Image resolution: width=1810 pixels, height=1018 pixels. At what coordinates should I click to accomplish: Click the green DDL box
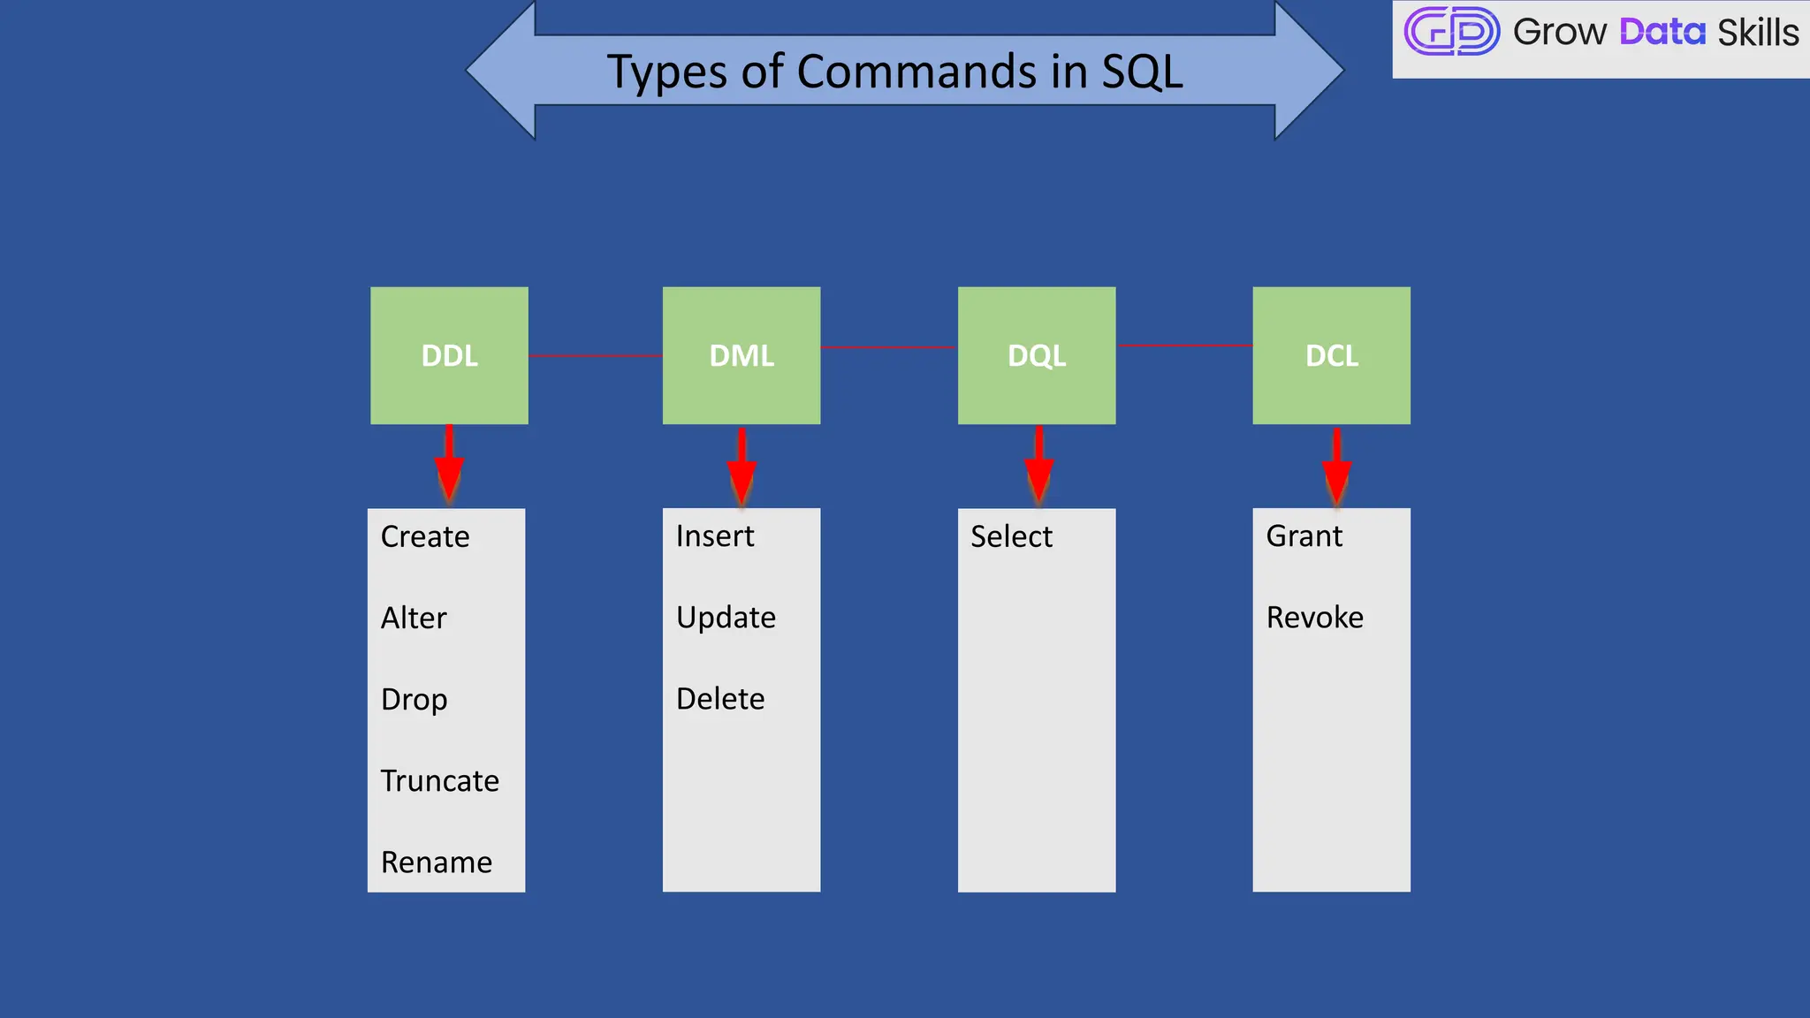click(449, 355)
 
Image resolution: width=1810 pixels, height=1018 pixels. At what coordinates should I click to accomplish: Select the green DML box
click(741, 355)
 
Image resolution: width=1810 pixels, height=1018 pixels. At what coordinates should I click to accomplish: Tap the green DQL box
click(1037, 355)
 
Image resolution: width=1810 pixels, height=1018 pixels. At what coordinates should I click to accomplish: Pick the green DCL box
click(1331, 355)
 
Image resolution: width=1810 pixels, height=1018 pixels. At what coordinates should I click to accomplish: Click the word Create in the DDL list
click(425, 536)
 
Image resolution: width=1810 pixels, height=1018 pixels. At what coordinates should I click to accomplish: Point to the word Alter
click(414, 618)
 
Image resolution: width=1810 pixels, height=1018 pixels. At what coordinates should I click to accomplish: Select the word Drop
click(414, 699)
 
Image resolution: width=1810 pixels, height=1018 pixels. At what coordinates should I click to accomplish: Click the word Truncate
click(439, 780)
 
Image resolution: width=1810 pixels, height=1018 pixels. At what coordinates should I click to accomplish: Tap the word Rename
click(436, 862)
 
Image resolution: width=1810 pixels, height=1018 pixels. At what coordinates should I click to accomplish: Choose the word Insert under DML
click(715, 536)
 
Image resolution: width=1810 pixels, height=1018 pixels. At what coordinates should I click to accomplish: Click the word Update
click(726, 618)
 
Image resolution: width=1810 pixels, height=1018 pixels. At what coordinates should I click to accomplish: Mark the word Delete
click(720, 699)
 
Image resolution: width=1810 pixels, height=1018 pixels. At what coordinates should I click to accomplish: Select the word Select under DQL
click(1011, 536)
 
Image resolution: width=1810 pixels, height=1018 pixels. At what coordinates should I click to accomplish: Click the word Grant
click(1304, 536)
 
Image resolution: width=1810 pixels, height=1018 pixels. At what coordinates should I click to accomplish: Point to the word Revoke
click(1314, 618)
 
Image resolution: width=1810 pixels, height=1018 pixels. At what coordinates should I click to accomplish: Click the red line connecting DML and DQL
click(888, 347)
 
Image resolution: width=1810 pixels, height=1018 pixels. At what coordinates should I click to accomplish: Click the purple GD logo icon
click(1451, 32)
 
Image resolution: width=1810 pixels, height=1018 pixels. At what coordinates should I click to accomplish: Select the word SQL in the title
click(1141, 72)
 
